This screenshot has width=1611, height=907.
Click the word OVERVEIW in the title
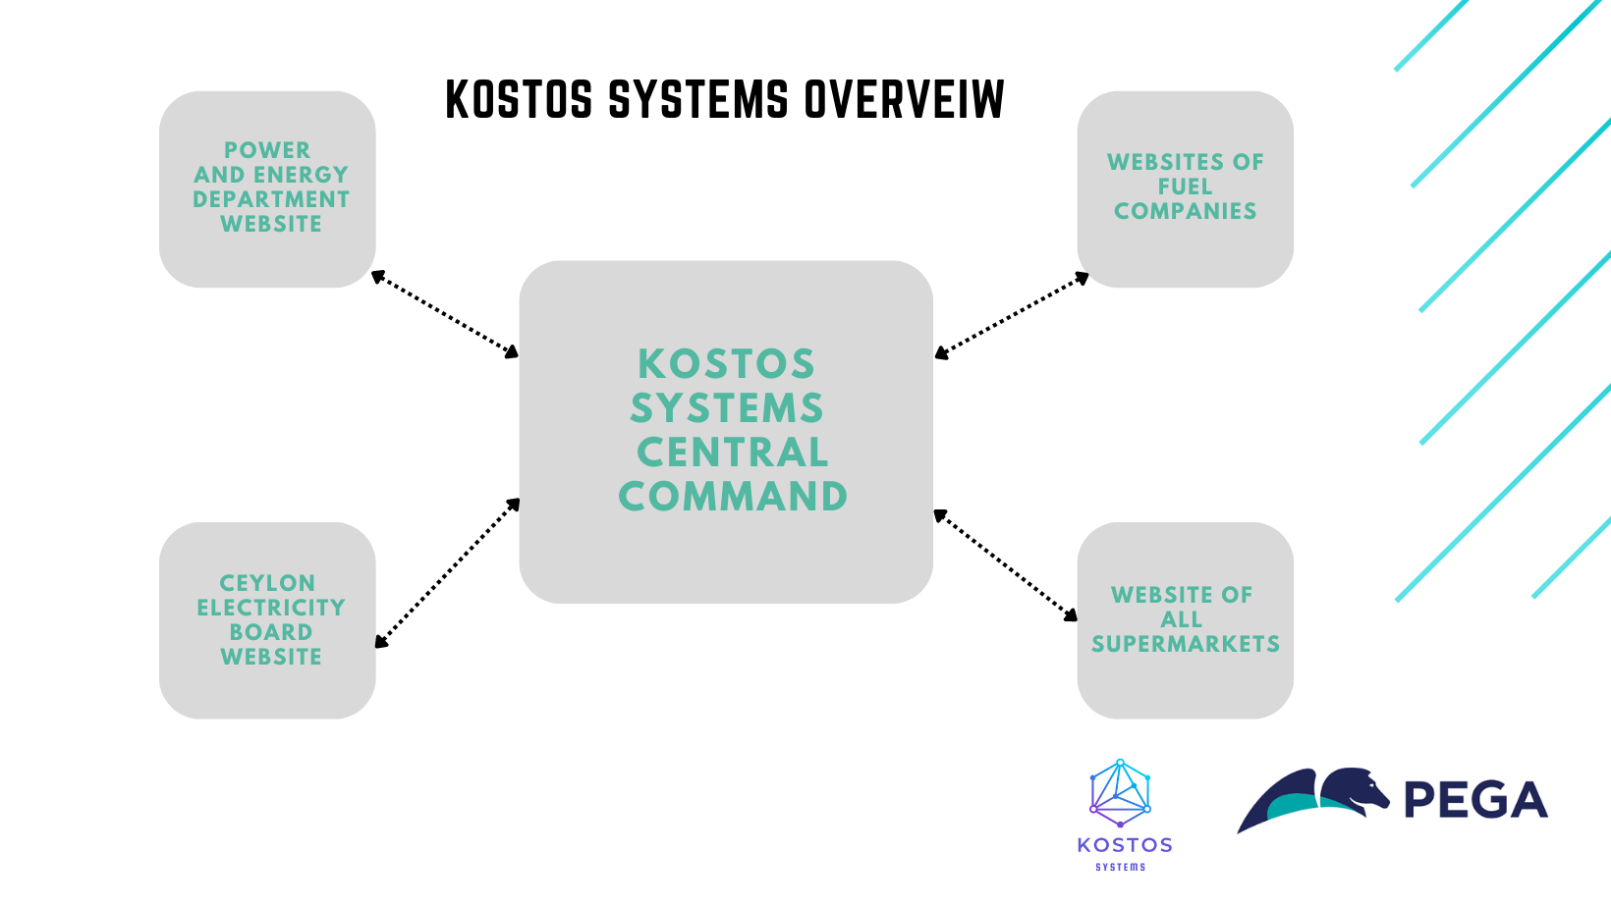(904, 100)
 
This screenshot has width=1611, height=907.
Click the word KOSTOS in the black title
(519, 100)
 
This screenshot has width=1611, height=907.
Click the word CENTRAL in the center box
(733, 453)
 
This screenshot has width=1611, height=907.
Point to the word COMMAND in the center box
(733, 497)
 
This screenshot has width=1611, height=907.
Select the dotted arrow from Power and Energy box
(445, 314)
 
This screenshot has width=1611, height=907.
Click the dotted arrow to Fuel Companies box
(1012, 315)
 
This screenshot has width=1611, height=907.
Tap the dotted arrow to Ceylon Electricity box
(447, 573)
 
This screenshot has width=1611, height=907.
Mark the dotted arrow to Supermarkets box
(1005, 565)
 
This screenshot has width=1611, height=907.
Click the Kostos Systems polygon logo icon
(1120, 792)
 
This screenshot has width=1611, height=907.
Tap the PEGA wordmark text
(1475, 800)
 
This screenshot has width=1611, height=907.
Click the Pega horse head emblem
(1356, 790)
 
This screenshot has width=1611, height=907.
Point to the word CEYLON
(267, 583)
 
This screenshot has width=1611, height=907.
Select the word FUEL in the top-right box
(1185, 187)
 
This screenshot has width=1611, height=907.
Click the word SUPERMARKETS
(1186, 644)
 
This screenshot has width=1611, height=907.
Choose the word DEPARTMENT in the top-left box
(271, 199)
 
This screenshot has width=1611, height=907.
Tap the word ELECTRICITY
(271, 608)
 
